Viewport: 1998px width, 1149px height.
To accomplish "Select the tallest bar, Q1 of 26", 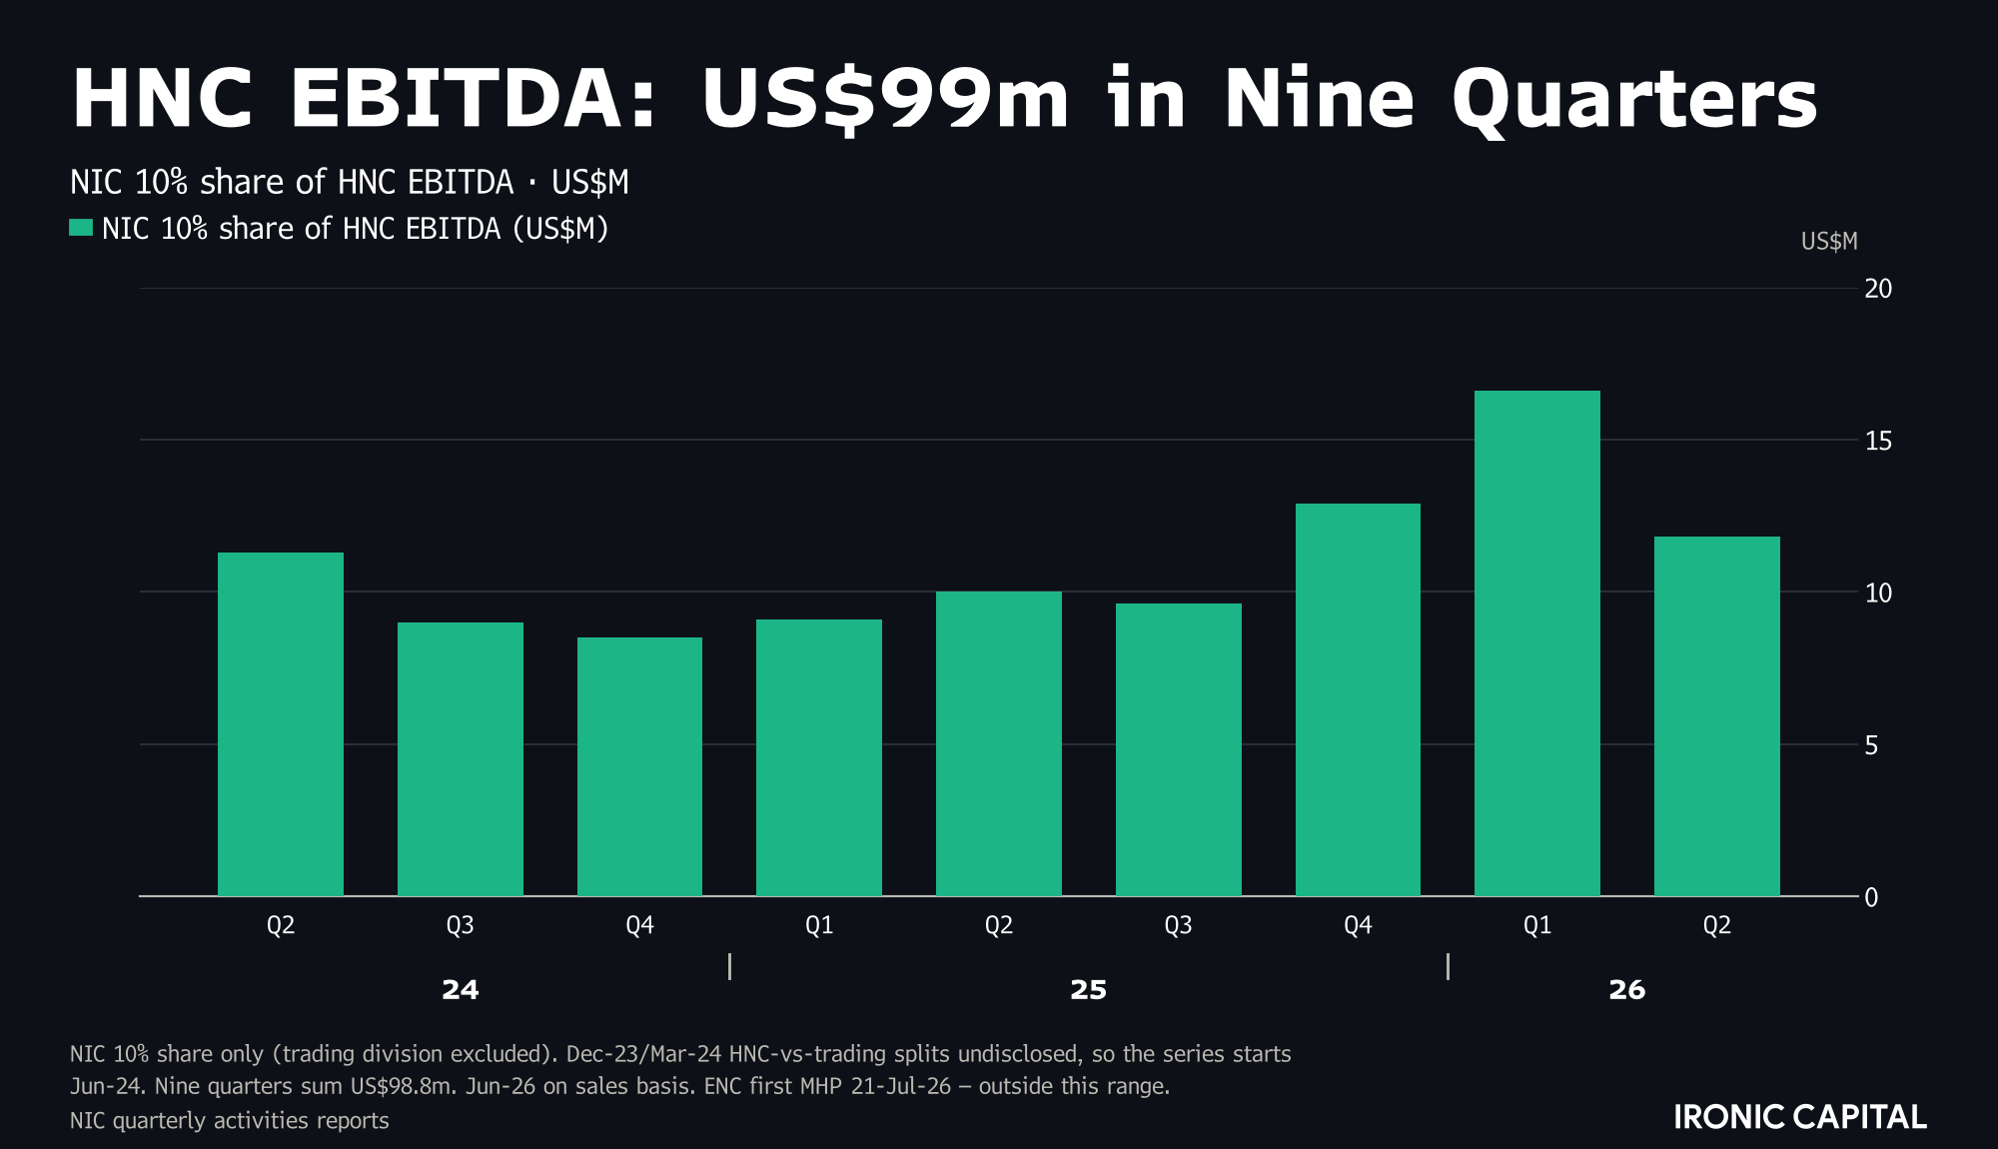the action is point(1537,643).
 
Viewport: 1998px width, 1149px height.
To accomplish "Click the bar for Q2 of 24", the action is point(281,724).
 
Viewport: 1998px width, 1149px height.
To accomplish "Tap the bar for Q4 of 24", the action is point(639,766).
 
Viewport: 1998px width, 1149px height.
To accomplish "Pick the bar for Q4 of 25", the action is point(1358,699).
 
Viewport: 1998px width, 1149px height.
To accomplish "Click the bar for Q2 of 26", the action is point(1717,716).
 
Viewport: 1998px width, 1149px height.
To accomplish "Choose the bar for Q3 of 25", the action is point(1179,749).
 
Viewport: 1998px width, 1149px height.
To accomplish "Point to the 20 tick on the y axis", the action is point(1878,289).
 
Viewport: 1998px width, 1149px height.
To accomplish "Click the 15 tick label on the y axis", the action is point(1878,441).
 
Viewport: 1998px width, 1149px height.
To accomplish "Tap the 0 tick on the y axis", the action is point(1871,897).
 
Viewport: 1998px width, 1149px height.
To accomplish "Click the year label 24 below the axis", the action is point(461,990).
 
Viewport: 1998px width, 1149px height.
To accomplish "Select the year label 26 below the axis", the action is point(1627,990).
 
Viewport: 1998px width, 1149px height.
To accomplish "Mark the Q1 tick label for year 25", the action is point(819,925).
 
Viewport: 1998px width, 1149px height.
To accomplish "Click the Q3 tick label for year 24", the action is point(461,925).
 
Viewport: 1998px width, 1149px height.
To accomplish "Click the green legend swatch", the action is point(81,228).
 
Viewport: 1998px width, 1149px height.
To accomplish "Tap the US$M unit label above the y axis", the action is point(1829,242).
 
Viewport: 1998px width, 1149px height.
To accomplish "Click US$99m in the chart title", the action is point(885,99).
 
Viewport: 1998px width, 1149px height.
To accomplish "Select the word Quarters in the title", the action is point(1634,99).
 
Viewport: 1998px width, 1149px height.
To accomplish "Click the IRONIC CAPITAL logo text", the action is point(1800,1117).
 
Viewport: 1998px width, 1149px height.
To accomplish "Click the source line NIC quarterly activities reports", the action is point(230,1121).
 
